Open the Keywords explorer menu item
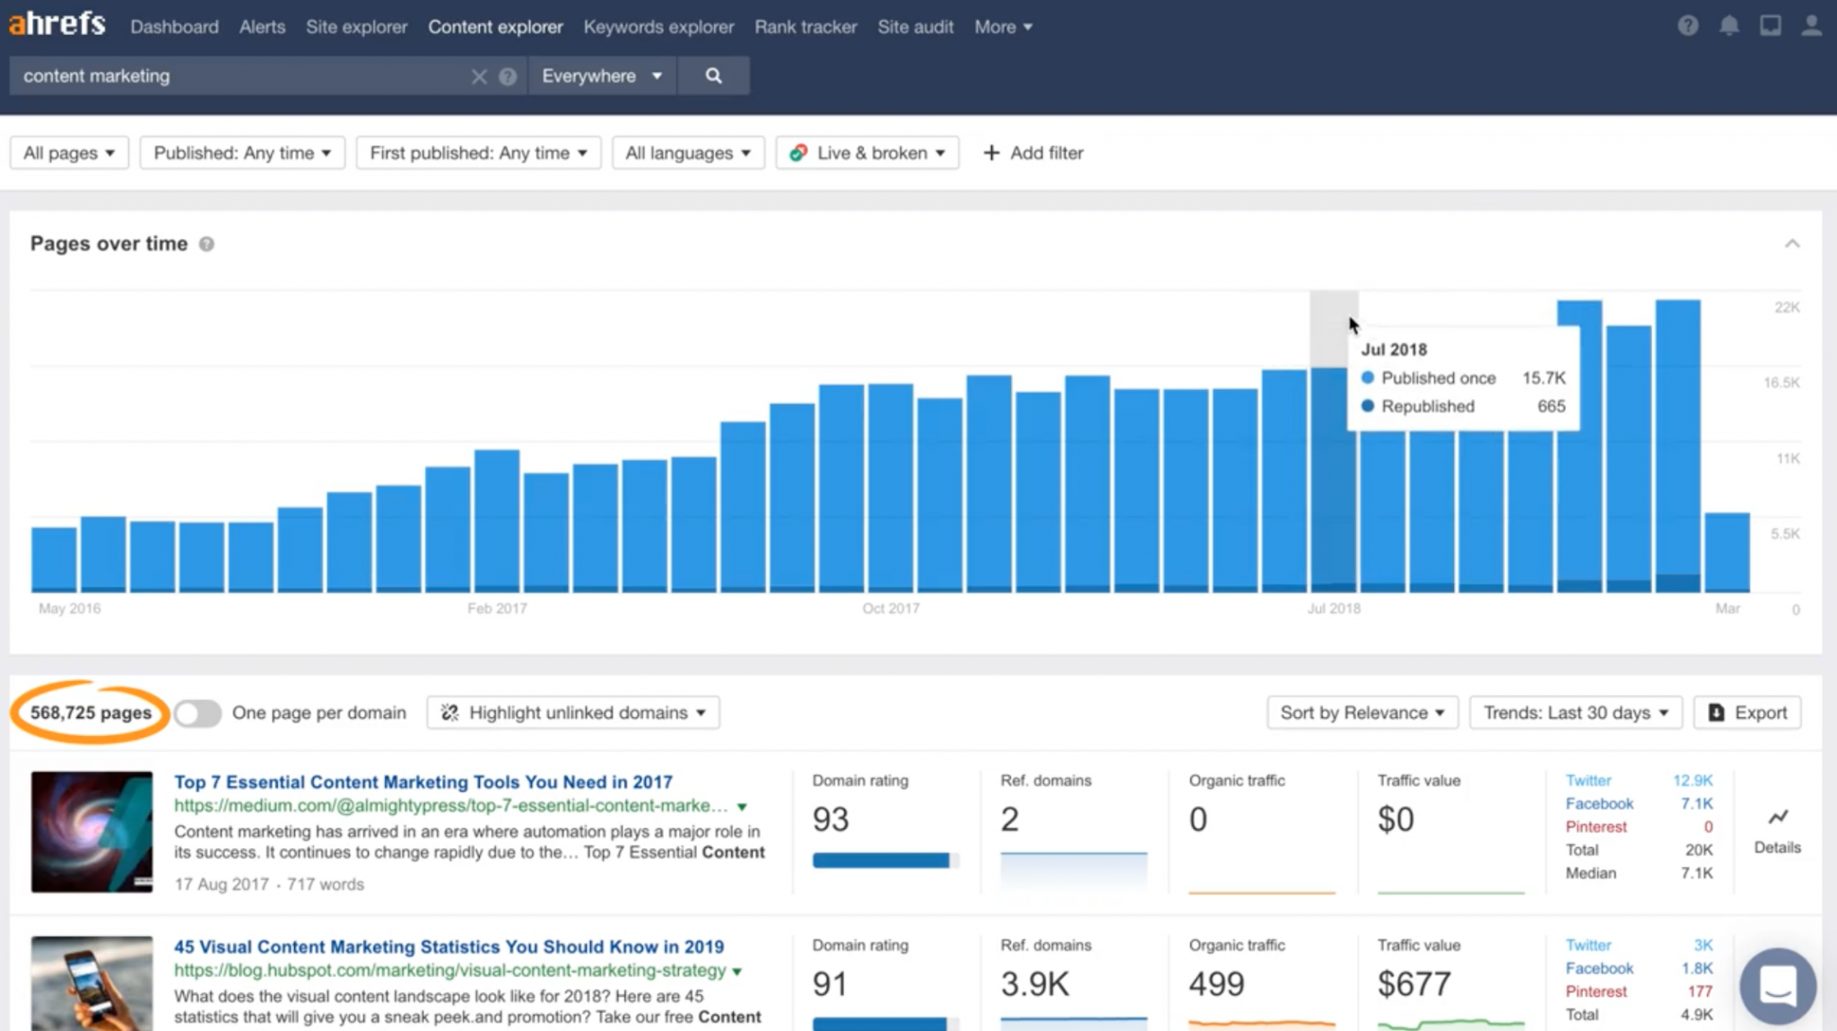point(658,27)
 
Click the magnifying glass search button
point(713,76)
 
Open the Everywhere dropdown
point(602,76)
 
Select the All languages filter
point(687,153)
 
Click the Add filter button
point(1033,153)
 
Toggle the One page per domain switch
point(197,714)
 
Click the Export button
point(1747,713)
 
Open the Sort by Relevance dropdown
point(1362,713)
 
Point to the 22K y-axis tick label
point(1786,308)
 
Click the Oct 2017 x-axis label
point(891,609)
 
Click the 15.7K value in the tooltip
point(1543,378)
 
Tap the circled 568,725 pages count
point(91,713)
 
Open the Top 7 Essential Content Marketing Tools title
point(422,782)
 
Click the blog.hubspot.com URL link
point(449,970)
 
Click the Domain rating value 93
point(830,819)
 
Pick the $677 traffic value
point(1414,984)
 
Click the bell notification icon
point(1728,26)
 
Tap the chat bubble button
point(1778,986)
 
